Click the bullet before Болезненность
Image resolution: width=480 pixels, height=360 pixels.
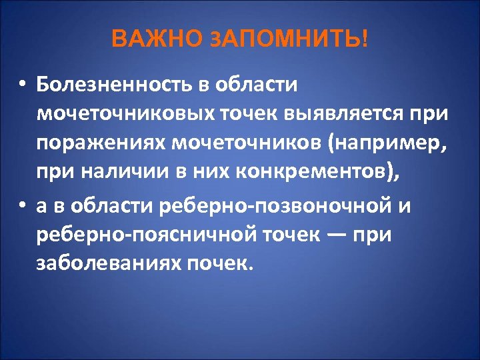[22, 85]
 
